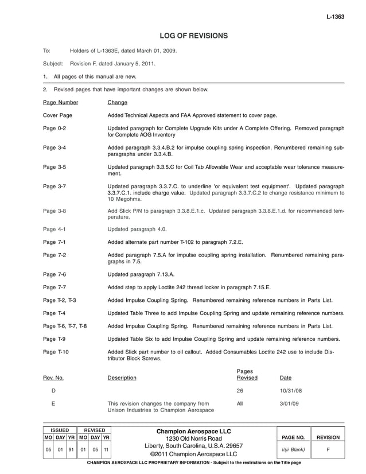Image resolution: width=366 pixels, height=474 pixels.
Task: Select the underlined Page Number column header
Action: click(x=60, y=103)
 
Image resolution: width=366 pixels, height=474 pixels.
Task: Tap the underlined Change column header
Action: click(x=117, y=103)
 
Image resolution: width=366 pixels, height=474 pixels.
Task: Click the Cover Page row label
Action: click(x=57, y=115)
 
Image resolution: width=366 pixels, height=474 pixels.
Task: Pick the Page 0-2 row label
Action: click(x=54, y=128)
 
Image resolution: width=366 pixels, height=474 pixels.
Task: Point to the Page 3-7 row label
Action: click(x=54, y=187)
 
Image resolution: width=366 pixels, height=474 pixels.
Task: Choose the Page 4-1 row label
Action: click(x=54, y=229)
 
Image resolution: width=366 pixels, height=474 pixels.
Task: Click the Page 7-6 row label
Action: click(x=54, y=274)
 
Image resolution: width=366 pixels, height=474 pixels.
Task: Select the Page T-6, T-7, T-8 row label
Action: click(x=65, y=326)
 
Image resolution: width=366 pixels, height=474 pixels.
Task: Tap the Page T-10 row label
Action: click(x=56, y=352)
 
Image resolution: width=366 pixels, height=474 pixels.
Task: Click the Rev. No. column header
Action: click(x=53, y=378)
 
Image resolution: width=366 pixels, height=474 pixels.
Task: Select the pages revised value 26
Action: click(x=240, y=391)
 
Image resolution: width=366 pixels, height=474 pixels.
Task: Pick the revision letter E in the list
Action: click(x=53, y=404)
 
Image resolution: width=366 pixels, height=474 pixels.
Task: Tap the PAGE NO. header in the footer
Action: click(x=293, y=438)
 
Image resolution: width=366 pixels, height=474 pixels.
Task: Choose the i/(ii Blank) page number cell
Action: click(x=293, y=450)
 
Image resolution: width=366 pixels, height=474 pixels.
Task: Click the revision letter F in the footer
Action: click(x=328, y=450)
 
